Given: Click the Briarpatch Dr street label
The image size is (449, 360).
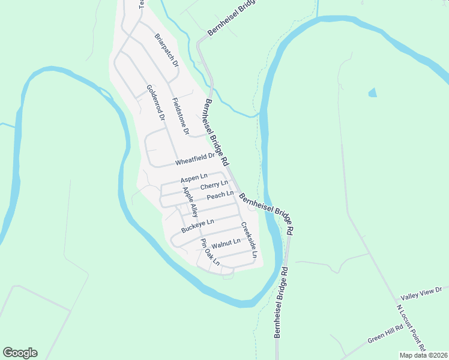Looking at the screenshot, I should [x=167, y=50].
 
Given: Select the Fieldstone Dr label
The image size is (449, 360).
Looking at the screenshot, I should [x=180, y=115].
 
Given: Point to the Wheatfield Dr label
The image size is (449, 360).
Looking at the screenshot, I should [x=194, y=160].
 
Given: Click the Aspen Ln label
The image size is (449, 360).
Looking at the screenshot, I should [x=193, y=178].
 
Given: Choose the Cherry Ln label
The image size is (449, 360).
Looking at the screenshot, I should [x=214, y=186].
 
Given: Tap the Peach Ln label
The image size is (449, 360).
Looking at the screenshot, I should [x=220, y=196].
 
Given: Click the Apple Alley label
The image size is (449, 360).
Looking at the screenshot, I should [x=190, y=202].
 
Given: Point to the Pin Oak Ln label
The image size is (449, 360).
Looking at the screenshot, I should [x=210, y=252].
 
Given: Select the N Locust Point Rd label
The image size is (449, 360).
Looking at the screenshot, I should [x=412, y=328].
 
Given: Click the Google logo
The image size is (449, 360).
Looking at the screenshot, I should [x=20, y=353].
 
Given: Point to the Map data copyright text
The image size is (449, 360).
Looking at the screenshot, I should [x=424, y=355].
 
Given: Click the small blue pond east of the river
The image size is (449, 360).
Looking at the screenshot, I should [x=373, y=92].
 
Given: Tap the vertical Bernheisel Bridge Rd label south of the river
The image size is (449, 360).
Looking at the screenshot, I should [x=281, y=302].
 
